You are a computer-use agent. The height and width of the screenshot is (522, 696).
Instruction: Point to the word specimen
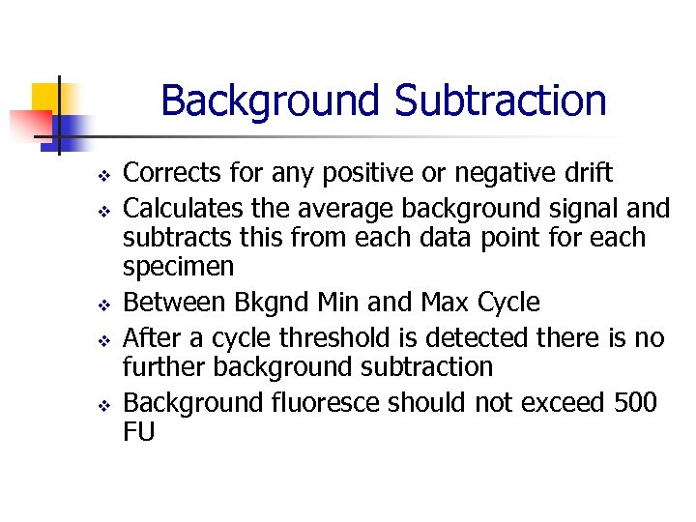[x=178, y=267]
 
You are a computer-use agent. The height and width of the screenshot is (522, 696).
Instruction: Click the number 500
[x=635, y=401]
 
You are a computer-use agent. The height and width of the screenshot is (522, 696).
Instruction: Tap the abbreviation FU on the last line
[x=139, y=431]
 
